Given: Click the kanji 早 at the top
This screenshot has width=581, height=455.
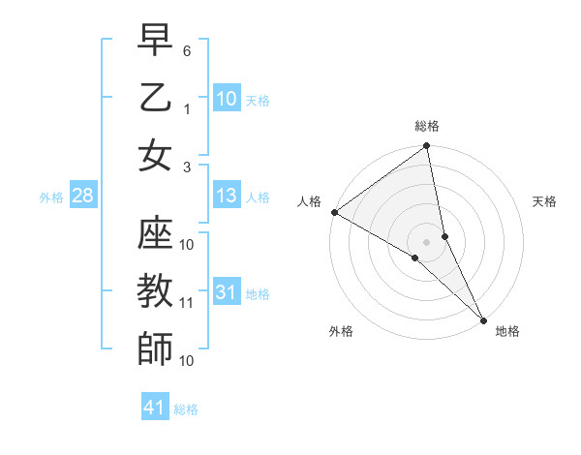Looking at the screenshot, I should pos(155,41).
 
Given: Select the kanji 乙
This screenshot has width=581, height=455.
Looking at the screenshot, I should pos(155,98).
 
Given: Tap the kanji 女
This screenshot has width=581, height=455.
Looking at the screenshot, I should pos(155,156).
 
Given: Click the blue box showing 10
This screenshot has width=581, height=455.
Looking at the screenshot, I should pos(227,99).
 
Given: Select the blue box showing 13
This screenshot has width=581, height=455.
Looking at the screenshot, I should pos(227,197).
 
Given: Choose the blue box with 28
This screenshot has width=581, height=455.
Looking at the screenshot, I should pos(82,197).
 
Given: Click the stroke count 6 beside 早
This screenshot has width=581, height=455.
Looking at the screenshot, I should pos(188,50).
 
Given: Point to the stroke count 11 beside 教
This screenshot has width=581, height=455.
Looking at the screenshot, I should pos(188,303).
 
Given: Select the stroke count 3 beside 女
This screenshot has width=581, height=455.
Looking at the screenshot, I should pos(188,167).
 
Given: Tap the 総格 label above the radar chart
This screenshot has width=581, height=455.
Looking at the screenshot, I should pos(427,126).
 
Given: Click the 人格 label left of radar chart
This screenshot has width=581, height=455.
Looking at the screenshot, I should pos(310,201).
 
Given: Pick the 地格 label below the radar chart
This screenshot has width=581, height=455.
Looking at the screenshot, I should pos(507,331).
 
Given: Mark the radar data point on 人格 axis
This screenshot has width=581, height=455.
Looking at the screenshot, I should pos(334,212).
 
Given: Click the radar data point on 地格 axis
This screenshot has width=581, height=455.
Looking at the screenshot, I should pos(483,318).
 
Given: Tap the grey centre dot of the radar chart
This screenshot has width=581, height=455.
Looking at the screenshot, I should pos(427,242).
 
